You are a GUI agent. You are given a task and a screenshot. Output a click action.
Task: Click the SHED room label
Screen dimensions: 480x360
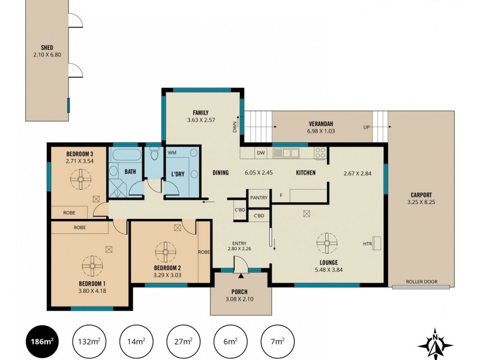[47, 47]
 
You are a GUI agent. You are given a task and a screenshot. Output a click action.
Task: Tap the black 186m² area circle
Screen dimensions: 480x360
[42, 341]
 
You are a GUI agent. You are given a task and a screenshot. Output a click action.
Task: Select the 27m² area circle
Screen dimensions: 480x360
[183, 341]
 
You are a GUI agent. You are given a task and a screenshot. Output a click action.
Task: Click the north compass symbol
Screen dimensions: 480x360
[435, 344]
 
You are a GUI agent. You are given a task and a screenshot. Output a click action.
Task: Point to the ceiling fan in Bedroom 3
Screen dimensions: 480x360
[81, 179]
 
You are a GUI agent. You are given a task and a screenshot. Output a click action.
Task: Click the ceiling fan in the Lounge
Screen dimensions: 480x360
[327, 243]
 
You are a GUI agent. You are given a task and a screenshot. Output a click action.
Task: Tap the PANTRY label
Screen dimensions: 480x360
[259, 198]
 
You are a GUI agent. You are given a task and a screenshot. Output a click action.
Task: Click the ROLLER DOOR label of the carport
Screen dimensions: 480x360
[422, 281]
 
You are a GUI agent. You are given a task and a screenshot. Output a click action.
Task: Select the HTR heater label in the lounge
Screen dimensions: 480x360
[367, 244]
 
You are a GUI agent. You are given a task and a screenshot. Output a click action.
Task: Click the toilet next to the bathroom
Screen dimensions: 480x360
[155, 155]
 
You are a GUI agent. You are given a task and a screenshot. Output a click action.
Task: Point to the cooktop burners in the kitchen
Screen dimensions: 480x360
[320, 153]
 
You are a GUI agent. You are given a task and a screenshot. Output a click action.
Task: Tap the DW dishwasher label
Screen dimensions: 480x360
[260, 153]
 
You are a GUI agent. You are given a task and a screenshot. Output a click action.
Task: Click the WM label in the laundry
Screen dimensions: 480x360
[172, 152]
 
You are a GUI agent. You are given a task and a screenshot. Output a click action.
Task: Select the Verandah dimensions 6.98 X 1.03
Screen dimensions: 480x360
[321, 131]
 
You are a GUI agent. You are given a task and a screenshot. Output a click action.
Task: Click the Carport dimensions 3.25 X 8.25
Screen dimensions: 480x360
[421, 202]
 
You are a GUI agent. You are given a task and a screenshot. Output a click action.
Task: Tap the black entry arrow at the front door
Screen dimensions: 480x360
[241, 276]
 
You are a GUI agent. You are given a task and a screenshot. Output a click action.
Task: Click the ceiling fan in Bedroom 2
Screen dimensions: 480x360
[166, 252]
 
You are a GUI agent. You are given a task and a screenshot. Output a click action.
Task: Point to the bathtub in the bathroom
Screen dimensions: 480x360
[127, 155]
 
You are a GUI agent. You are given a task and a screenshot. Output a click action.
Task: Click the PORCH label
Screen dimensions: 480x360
[239, 292]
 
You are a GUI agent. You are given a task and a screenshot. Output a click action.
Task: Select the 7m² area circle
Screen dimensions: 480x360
[277, 341]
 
